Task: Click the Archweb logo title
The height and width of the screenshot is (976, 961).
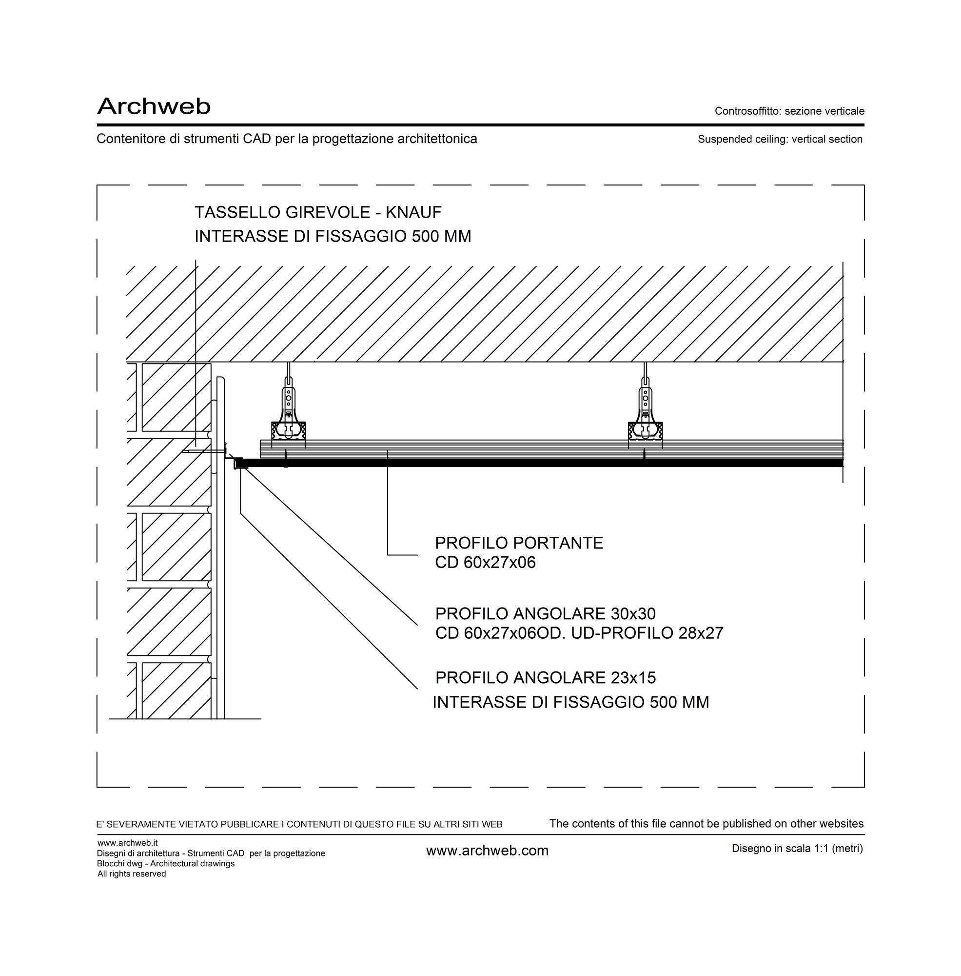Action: pos(154,106)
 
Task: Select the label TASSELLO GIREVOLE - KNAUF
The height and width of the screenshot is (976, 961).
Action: pos(318,213)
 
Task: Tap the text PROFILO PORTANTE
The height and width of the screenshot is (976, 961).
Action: pos(519,543)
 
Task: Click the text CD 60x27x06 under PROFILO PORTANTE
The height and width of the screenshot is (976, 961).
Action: pos(485,563)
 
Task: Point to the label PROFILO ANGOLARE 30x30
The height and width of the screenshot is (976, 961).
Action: pos(545,614)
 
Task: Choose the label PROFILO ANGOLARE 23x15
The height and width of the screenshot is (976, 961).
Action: pos(545,678)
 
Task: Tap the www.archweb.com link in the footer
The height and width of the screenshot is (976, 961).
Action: pos(487,851)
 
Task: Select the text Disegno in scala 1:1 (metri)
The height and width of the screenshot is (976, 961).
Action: pos(798,849)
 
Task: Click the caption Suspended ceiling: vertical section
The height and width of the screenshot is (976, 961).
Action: pos(780,140)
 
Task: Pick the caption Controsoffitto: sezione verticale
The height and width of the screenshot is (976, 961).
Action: pos(789,111)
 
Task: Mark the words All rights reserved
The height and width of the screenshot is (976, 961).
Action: pos(132,874)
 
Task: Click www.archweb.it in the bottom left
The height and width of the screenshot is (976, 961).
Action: pos(128,843)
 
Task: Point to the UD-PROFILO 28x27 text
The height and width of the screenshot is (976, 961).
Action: pos(647,633)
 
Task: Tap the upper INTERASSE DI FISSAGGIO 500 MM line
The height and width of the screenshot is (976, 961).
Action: pos(333,236)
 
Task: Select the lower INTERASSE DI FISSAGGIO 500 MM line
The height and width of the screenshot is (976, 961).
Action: pos(571,703)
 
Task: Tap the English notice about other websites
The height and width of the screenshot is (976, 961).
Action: pos(706,824)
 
